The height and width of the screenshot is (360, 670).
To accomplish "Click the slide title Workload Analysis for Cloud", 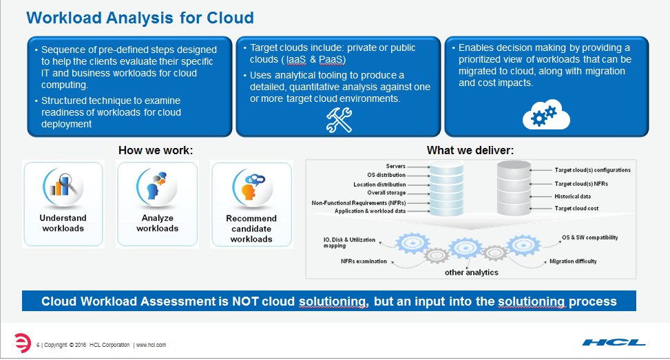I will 140,17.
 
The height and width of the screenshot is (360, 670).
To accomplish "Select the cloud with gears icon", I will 545,116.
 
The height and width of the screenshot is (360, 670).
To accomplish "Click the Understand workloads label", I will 63,223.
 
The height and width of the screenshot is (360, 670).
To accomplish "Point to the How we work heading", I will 156,150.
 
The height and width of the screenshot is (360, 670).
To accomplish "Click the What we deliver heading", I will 470,150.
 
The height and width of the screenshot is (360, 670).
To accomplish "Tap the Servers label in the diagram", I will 395,167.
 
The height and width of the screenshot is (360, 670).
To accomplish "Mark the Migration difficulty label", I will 573,262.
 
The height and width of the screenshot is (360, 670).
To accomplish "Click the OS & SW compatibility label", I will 589,237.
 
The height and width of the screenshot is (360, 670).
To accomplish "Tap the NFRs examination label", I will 364,262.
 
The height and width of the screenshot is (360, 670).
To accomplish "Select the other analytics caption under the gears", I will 471,273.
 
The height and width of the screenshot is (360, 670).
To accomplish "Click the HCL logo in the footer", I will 614,342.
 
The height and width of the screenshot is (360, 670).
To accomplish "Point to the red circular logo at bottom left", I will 22,342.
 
